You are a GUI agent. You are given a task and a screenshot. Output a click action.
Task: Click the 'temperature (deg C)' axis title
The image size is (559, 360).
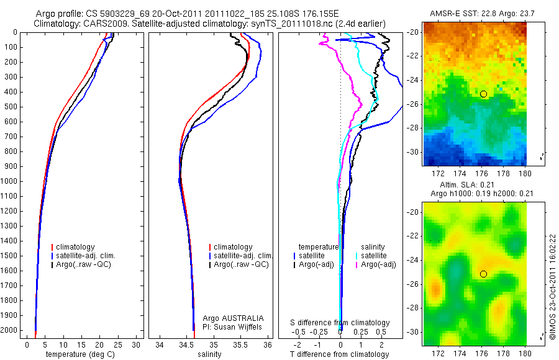(x=81, y=354)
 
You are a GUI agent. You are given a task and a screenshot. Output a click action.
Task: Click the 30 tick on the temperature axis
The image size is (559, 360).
(x=137, y=344)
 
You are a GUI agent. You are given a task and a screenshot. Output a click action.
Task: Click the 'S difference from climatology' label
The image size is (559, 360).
(x=340, y=323)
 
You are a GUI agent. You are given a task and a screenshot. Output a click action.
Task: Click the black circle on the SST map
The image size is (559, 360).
(x=483, y=94)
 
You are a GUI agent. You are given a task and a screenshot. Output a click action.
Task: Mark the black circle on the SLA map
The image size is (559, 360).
(x=483, y=274)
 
